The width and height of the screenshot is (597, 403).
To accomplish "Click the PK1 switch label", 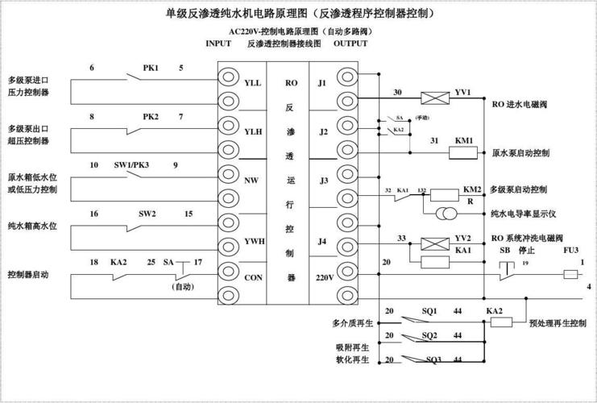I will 151,68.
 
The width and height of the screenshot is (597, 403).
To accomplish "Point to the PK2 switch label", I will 151,116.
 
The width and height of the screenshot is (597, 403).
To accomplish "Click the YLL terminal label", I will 252,83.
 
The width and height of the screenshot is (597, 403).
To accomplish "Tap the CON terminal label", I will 253,276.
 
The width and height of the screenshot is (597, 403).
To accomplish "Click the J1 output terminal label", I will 322,82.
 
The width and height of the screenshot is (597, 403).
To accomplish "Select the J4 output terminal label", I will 322,241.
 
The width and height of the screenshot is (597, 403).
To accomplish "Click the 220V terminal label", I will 324,276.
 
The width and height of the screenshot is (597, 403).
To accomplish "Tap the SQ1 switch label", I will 429,310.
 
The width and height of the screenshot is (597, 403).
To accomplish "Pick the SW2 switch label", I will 147,214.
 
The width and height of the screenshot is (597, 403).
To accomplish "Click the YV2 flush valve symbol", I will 437,241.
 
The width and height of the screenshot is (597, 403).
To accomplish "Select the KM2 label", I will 472,189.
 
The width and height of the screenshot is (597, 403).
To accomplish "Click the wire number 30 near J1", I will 397,92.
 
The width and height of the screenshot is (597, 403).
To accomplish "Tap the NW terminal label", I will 251,181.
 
